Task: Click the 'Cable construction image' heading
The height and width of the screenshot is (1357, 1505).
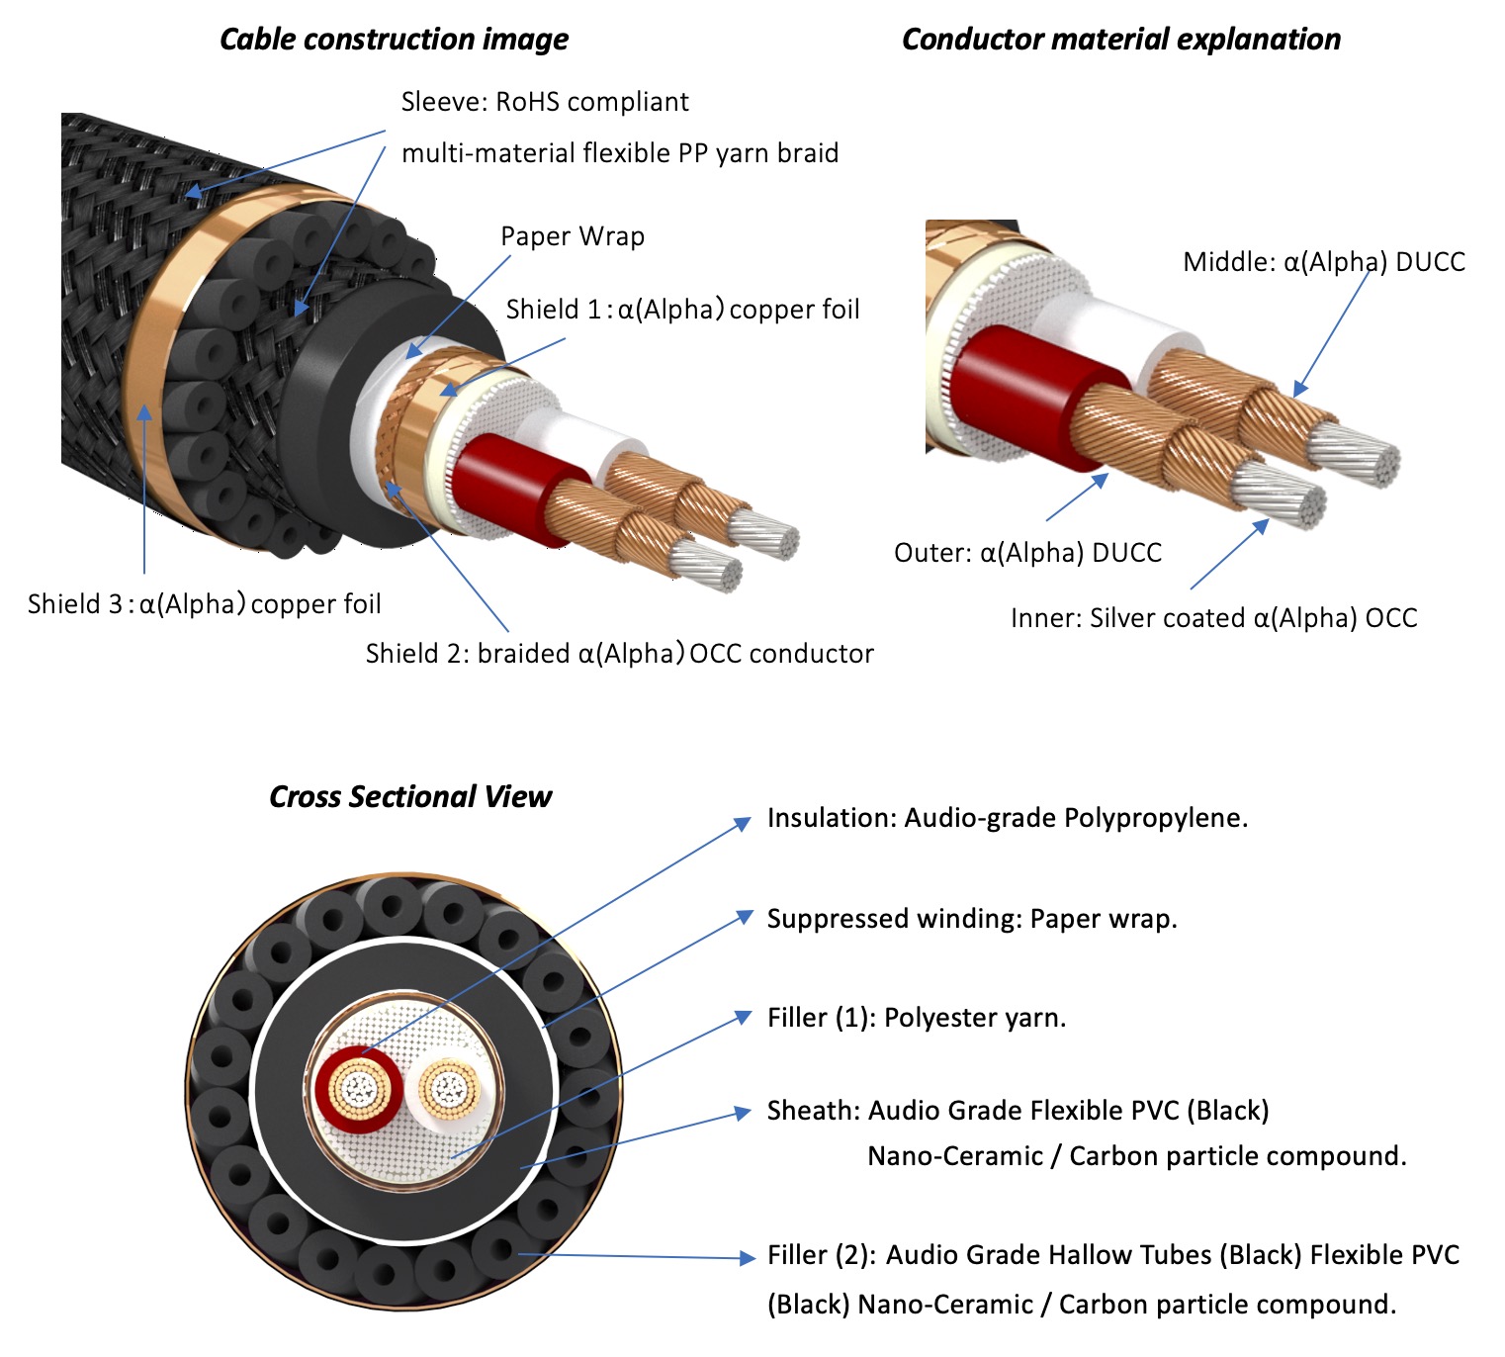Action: [394, 40]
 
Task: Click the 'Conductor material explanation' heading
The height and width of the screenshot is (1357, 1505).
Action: [1120, 40]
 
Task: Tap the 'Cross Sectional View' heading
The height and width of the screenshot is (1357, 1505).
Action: [409, 797]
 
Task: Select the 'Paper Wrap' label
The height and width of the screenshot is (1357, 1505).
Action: [572, 236]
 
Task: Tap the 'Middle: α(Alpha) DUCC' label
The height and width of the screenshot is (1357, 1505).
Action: [1323, 262]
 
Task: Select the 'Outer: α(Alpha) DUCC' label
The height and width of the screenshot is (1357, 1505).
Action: [1027, 553]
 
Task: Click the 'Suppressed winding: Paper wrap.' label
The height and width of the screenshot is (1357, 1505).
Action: [971, 919]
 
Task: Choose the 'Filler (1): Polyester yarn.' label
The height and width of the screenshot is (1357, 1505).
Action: [917, 1018]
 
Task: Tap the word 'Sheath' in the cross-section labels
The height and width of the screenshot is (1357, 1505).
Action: [813, 1111]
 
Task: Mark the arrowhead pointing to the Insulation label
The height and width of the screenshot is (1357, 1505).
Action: [743, 823]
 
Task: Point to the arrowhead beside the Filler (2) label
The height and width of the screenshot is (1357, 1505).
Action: [748, 1258]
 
